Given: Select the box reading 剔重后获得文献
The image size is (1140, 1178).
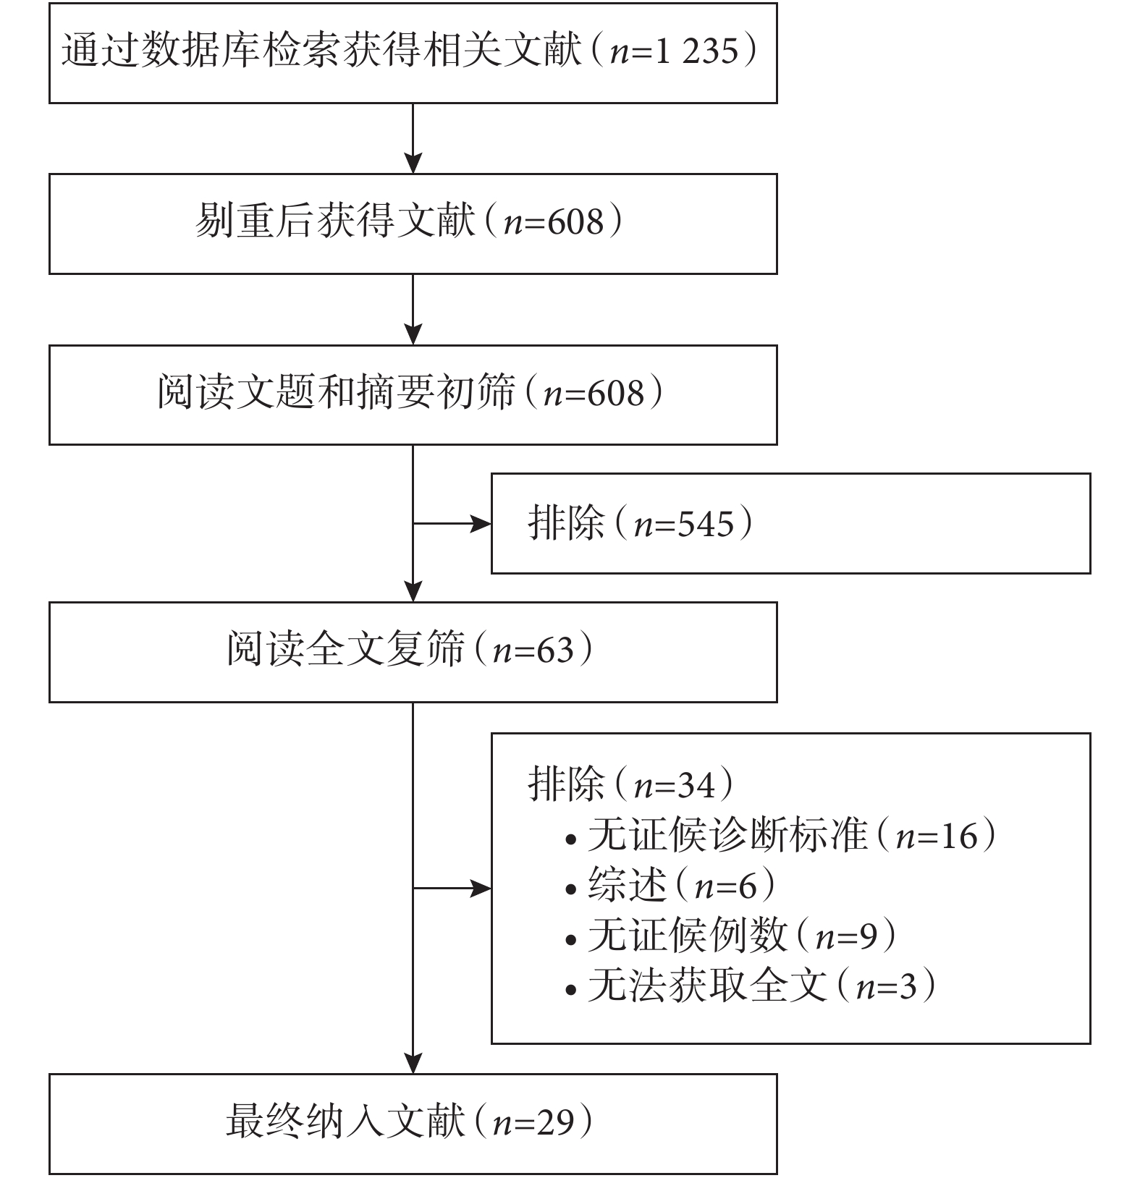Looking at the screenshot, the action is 413,224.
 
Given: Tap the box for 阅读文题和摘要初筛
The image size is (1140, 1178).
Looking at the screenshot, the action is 413,394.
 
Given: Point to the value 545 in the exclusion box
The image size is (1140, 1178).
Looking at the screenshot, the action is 704,524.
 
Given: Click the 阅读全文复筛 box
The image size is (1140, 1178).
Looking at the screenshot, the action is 413,652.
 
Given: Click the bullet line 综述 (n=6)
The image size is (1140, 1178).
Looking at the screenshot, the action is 671,886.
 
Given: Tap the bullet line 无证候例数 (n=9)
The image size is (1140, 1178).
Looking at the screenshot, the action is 732,936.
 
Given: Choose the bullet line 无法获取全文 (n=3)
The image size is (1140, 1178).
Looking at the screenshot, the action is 751,986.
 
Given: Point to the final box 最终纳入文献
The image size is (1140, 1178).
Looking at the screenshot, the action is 413,1123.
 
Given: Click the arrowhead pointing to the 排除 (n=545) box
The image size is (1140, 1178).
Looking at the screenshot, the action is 482,523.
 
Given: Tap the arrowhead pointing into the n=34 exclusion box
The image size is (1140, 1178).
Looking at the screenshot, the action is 482,888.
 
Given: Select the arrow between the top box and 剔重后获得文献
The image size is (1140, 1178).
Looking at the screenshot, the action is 413,138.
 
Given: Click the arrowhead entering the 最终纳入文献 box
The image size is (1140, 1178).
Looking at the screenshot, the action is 413,1064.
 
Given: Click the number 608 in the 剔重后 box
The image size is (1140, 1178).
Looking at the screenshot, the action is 575,222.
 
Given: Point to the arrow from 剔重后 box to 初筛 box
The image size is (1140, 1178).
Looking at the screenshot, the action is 413,310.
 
